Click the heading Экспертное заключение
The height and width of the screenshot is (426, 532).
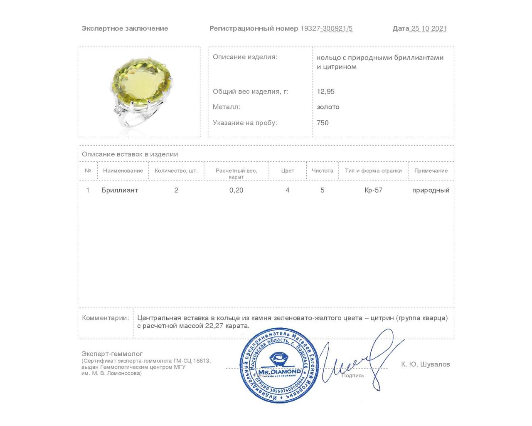pos(125,28)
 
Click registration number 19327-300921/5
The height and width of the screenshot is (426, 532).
pos(326,28)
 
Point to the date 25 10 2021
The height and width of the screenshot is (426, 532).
pos(429,28)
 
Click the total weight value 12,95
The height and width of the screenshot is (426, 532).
pos(325,92)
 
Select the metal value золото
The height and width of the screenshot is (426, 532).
pos(328,107)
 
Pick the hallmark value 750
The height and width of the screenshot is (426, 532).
pos(323,123)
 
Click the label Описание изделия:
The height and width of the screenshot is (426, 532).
pos(245,57)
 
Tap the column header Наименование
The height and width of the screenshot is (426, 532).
pos(123,171)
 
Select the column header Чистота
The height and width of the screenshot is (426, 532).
pos(323,171)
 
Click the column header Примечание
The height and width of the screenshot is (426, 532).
pos(431,171)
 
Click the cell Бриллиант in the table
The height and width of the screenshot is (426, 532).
pos(120,190)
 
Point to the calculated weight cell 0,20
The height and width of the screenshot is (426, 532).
pos(236,190)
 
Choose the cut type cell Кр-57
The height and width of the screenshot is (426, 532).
pos(373,190)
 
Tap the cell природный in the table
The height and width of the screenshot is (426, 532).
pos(431,190)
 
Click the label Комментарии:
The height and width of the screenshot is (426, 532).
pos(106,318)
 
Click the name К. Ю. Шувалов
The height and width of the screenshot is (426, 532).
pos(425,364)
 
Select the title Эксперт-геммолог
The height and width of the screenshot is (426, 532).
pos(112,354)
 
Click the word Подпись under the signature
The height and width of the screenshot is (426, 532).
pos(352,375)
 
